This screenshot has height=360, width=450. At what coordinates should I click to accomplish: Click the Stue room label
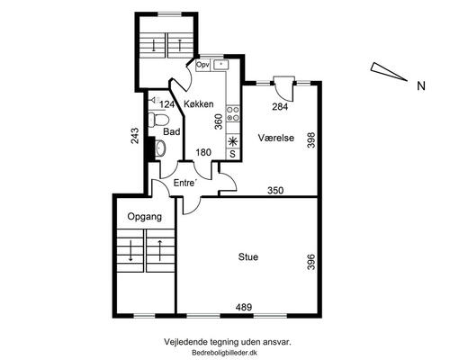pos(248,257)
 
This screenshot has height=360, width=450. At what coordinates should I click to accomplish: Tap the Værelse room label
pos(276,138)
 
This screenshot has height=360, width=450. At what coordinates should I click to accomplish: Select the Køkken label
pos(199,104)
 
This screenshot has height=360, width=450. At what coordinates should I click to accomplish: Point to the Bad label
pos(172,131)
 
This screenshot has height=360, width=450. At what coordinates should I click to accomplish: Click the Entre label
pos(185,183)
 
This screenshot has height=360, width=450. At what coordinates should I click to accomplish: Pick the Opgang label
pos(145,217)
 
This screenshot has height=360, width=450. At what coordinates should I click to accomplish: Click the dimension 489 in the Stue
pos(244,307)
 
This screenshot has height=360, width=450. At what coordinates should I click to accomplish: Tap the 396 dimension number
pos(311,262)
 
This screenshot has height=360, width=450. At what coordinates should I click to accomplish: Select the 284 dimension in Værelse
pos(280,106)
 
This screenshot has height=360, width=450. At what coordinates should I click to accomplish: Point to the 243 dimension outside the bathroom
pos(135,136)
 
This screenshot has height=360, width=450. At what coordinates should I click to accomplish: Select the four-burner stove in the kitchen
pos(233,114)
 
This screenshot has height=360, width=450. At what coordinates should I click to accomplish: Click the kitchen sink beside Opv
pos(220,65)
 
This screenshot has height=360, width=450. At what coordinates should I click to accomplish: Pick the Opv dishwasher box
pos(202,65)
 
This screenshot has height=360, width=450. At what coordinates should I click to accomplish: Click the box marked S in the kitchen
pos(233,154)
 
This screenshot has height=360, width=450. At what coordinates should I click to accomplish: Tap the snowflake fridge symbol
pos(233,141)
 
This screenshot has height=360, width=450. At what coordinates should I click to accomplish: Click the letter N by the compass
pos(421,86)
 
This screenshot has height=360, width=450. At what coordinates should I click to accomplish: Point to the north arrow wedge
pos(389,71)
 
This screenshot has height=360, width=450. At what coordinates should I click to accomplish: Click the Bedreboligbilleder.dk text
pos(225,353)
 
